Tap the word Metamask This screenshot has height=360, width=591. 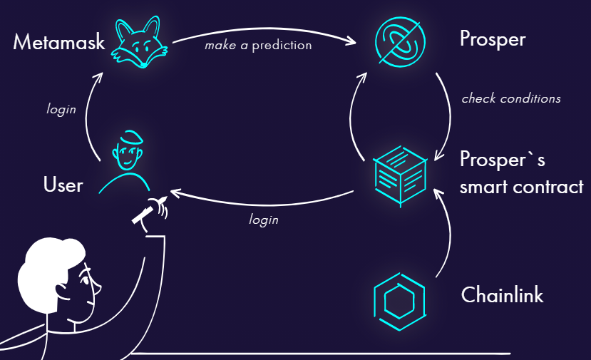click(58, 43)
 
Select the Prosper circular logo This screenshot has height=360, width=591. click(401, 40)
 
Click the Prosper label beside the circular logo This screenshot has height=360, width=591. click(492, 39)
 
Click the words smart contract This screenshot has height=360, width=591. click(521, 187)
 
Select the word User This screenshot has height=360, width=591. click(63, 185)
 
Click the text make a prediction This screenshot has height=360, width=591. click(258, 46)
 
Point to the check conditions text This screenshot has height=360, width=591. click(510, 98)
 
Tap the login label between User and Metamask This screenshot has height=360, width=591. click(61, 110)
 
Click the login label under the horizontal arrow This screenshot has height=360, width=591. click(263, 220)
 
